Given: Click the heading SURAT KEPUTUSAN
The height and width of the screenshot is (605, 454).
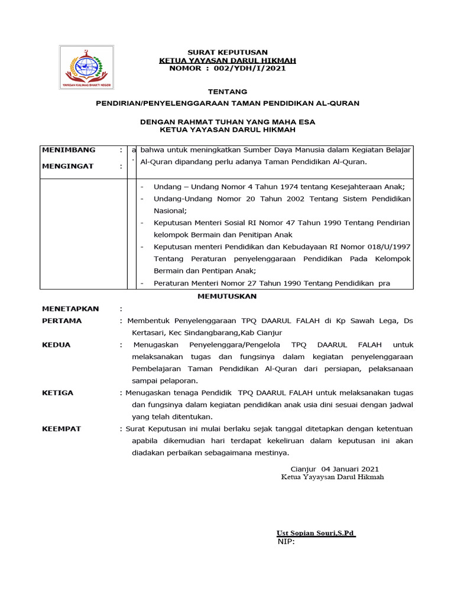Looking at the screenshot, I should coord(228,53).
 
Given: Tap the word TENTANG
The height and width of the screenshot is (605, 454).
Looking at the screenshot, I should coord(228,92).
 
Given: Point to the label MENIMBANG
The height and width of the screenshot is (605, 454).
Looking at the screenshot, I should coord(69,150).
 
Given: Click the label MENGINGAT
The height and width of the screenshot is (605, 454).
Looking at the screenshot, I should coord(68,166).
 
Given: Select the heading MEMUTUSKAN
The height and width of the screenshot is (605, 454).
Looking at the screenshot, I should coord(227,296).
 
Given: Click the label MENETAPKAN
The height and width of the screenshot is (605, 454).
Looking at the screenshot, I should coord(70,308).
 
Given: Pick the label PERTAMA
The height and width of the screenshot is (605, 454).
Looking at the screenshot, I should coord(62,321).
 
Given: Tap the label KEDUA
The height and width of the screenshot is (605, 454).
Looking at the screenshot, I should coord(56,345).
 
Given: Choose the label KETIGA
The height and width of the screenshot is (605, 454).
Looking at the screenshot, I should coord(58,393).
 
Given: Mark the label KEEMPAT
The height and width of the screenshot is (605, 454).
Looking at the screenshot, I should coord(61,429).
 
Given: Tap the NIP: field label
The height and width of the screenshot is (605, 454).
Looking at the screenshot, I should coord(286,542).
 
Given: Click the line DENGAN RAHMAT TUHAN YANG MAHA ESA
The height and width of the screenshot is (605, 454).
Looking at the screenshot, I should coord(228,122).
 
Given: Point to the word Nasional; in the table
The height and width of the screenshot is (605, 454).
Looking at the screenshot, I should coord(170,210).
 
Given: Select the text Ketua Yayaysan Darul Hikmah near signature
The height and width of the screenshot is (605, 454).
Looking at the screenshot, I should coord(332,477).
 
